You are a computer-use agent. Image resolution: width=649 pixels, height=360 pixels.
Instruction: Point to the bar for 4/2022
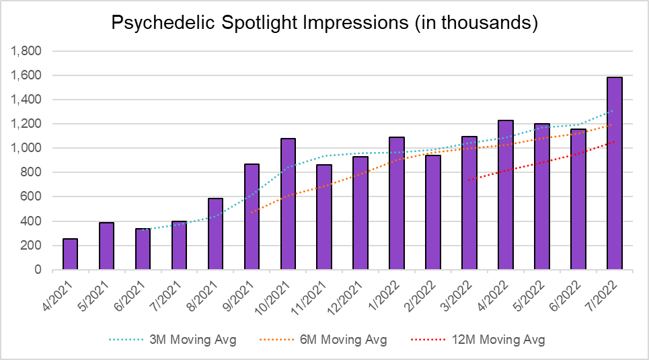coord(506,195)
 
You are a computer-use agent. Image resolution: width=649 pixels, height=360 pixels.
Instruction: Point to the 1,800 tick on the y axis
coord(28,51)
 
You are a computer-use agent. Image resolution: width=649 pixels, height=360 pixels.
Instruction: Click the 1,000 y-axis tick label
coord(28,148)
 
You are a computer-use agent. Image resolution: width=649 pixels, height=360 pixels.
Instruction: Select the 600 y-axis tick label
coord(32,197)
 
